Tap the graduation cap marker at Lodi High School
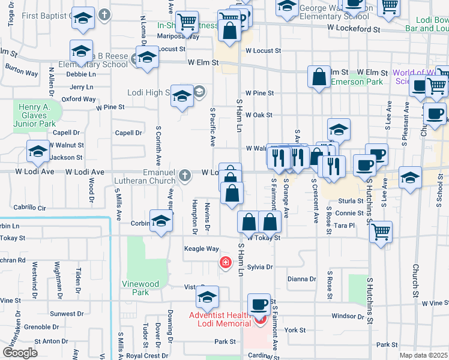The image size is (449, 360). pos(182,96)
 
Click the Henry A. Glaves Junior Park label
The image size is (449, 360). pos(38,115)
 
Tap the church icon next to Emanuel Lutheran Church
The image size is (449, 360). pos(185,175)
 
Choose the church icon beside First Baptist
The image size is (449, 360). pos(104,14)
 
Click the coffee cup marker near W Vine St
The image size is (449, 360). pos(259,305)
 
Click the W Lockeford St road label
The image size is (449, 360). pos(354,28)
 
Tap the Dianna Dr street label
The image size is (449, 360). pos(301,279)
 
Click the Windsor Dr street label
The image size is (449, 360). pos(344,316)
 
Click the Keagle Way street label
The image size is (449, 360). pos(201,248)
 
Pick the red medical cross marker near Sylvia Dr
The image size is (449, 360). pos(226,262)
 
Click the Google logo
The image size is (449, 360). pos(20,353)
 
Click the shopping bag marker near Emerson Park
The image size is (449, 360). pos(319,77)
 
